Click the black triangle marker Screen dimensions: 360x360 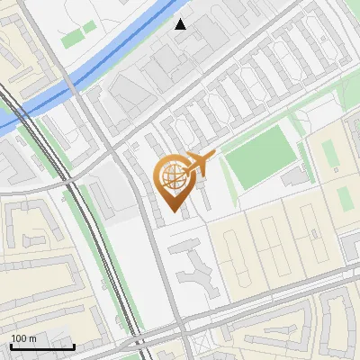tap(181, 23)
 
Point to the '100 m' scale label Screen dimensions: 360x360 tap(23, 338)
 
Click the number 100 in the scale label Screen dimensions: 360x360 tap(19, 338)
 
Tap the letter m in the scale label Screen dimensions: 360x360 tap(32, 338)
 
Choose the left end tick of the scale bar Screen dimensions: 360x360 tap(11, 346)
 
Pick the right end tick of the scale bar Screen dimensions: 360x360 tap(74, 346)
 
